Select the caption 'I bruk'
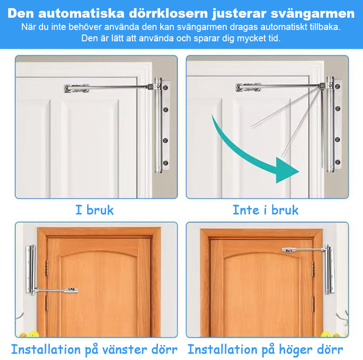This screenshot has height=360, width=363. [94, 210]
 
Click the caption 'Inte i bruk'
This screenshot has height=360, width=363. [265, 210]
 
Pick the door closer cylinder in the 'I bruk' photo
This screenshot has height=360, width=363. [158, 125]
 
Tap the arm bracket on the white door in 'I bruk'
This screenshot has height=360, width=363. [76, 88]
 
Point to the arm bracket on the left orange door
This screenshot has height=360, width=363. [72, 289]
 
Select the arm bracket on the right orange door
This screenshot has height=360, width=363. [290, 249]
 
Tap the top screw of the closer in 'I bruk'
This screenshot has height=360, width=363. [166, 86]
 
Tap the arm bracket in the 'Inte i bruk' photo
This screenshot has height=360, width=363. [248, 87]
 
